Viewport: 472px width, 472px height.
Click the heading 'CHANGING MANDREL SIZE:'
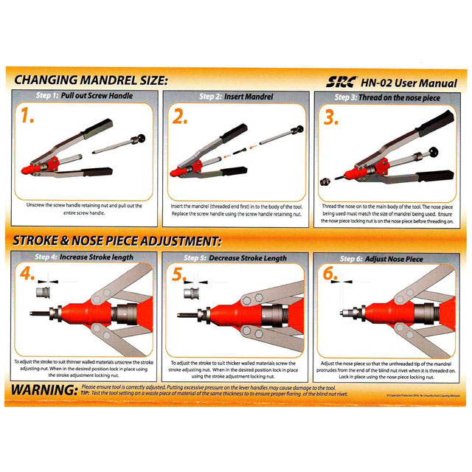coord(88,80)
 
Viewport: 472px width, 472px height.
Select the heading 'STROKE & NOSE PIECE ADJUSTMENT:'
coord(117,240)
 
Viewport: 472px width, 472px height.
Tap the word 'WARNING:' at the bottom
coord(43,389)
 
